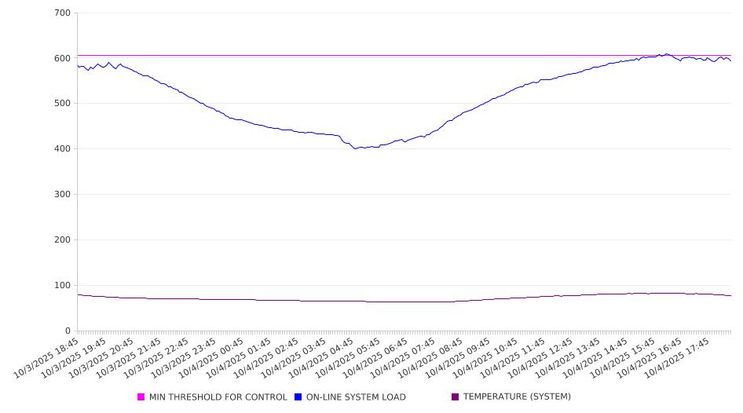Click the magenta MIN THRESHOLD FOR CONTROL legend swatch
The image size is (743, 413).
[x=141, y=397]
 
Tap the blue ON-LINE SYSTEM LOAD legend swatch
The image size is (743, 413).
[x=298, y=397]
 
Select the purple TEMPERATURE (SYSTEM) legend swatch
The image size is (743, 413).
[x=456, y=397]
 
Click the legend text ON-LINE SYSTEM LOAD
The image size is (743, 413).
[x=356, y=397]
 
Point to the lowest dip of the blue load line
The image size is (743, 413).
[x=355, y=148]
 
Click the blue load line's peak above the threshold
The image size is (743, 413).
[x=667, y=53]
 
